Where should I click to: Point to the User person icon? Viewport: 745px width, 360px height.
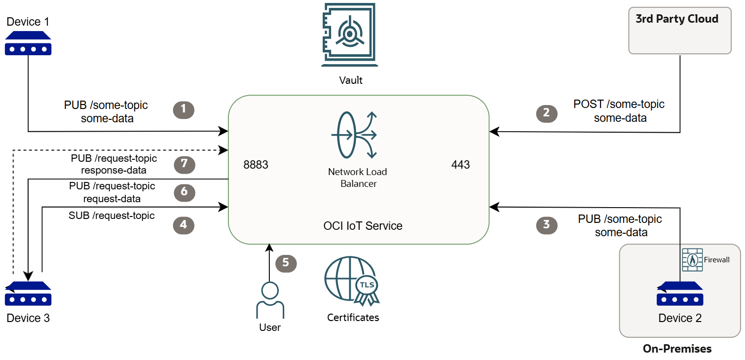(x=270, y=300)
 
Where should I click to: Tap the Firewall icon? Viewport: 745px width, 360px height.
(x=692, y=259)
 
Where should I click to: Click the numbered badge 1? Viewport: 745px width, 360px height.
(x=184, y=109)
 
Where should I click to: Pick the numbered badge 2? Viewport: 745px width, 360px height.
(x=546, y=113)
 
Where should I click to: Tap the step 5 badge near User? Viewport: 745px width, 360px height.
(x=286, y=263)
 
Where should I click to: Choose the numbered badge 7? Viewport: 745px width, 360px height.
(x=184, y=164)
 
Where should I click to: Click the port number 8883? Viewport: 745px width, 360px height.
(x=256, y=165)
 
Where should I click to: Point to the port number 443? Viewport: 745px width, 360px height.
(x=460, y=165)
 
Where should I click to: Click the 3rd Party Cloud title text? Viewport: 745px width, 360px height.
(x=676, y=19)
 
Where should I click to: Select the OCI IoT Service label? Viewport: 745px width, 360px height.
(x=363, y=226)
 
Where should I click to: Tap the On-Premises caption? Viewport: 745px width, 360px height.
(x=677, y=349)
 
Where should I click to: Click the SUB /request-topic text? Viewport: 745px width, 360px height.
(x=112, y=216)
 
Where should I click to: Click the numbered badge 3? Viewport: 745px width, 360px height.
(x=546, y=225)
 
